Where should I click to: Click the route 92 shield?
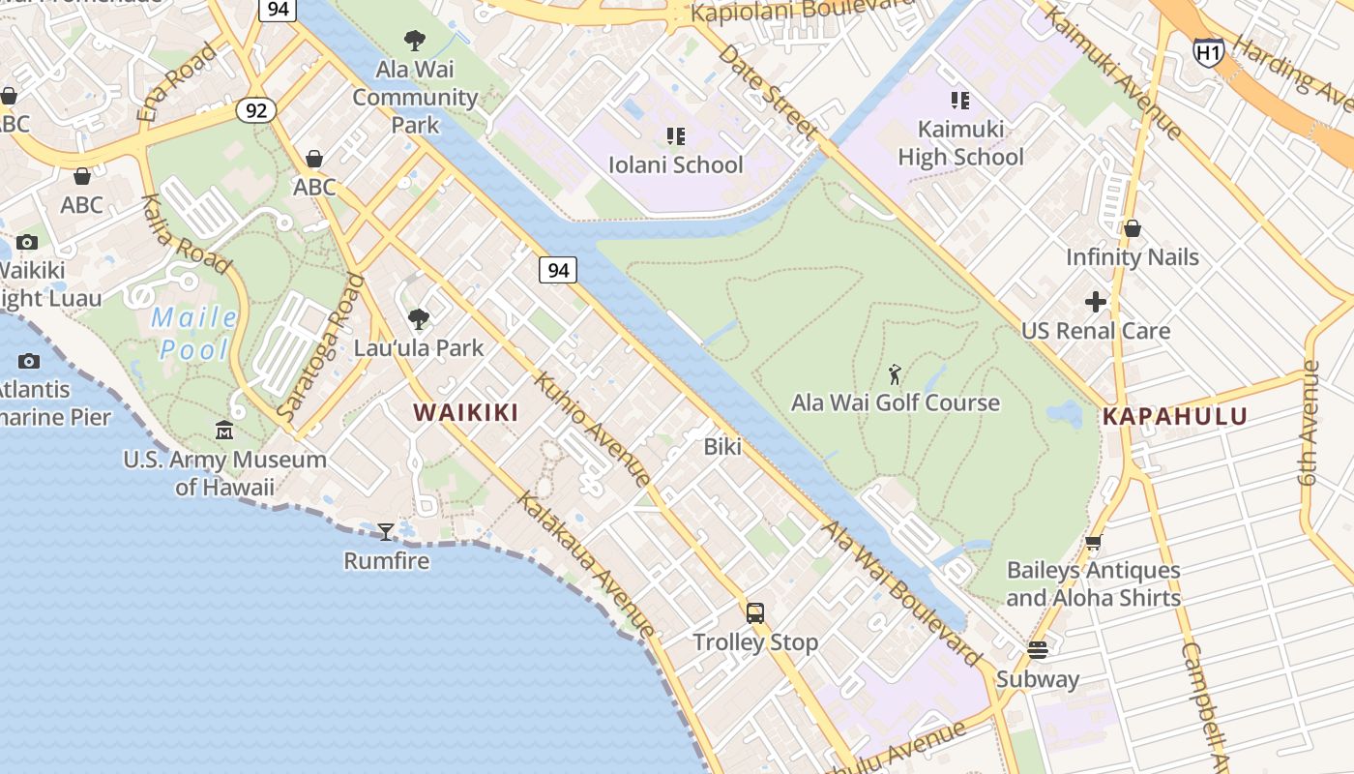(x=255, y=110)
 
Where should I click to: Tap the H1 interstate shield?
(x=1208, y=52)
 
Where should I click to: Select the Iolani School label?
(x=676, y=164)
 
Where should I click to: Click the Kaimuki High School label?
(x=960, y=142)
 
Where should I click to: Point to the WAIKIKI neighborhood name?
(x=466, y=412)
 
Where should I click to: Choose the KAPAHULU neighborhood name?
(x=1175, y=417)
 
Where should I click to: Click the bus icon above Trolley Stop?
(x=755, y=612)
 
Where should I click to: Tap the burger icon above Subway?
(x=1038, y=649)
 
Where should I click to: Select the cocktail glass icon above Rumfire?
(x=386, y=531)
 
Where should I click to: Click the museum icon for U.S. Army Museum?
(x=224, y=431)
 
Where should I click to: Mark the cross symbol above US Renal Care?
(x=1096, y=303)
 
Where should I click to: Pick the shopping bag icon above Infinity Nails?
(x=1132, y=229)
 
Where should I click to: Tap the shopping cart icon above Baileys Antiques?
(x=1093, y=543)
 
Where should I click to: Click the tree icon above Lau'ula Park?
(x=419, y=319)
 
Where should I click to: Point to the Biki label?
(x=722, y=447)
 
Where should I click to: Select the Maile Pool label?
(x=194, y=333)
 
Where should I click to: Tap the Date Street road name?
(x=769, y=92)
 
